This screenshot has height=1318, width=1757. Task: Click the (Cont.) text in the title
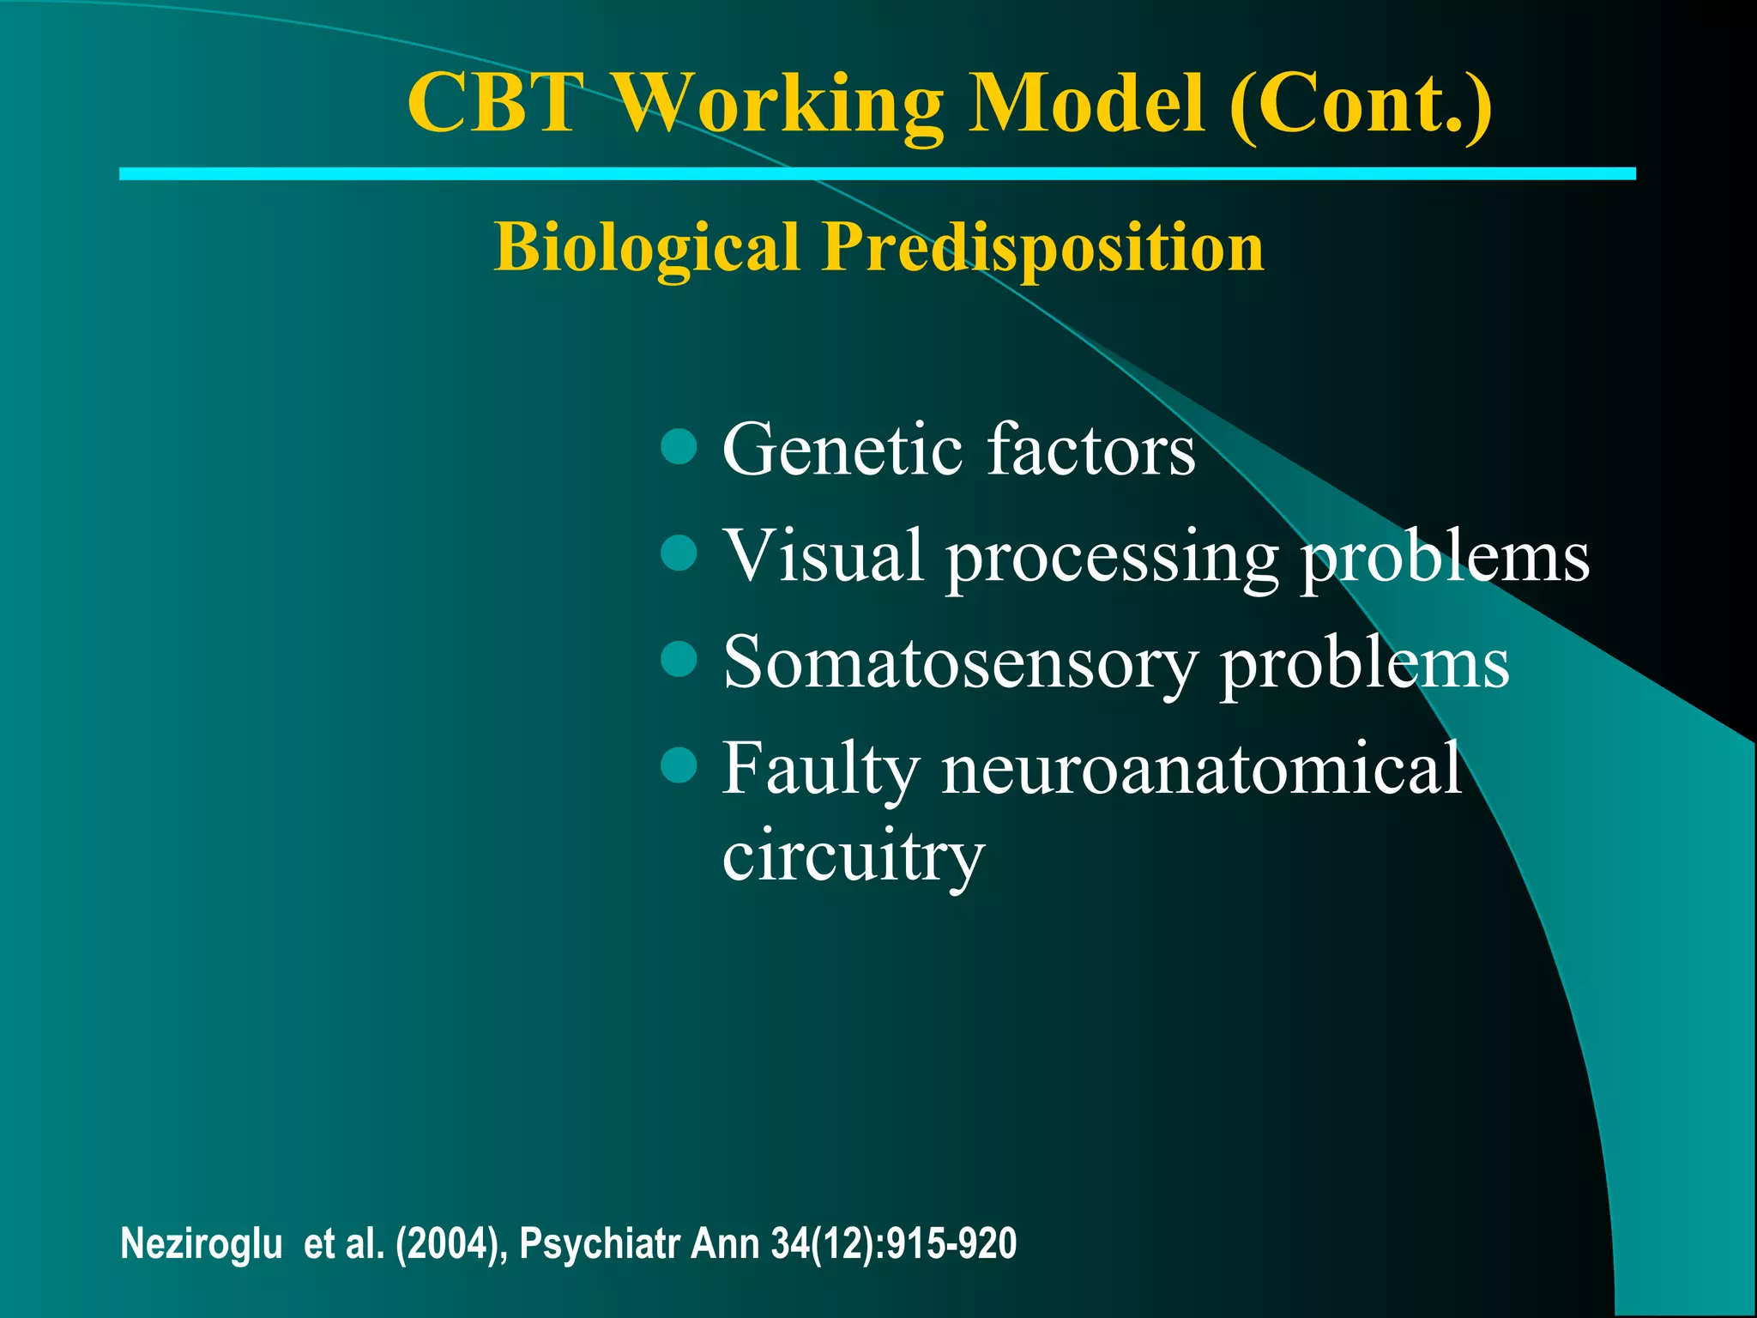tap(1360, 105)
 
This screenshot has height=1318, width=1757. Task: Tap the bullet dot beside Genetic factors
tap(679, 447)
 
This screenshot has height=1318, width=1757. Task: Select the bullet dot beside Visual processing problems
tap(679, 553)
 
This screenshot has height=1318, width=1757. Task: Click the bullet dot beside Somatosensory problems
tap(679, 660)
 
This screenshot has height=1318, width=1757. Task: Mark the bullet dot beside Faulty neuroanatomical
tap(679, 765)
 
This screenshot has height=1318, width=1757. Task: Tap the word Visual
tap(824, 555)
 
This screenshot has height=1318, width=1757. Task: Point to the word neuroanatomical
tap(1201, 768)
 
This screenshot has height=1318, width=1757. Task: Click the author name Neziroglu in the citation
tap(202, 1243)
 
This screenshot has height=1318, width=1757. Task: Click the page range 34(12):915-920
tap(893, 1243)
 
